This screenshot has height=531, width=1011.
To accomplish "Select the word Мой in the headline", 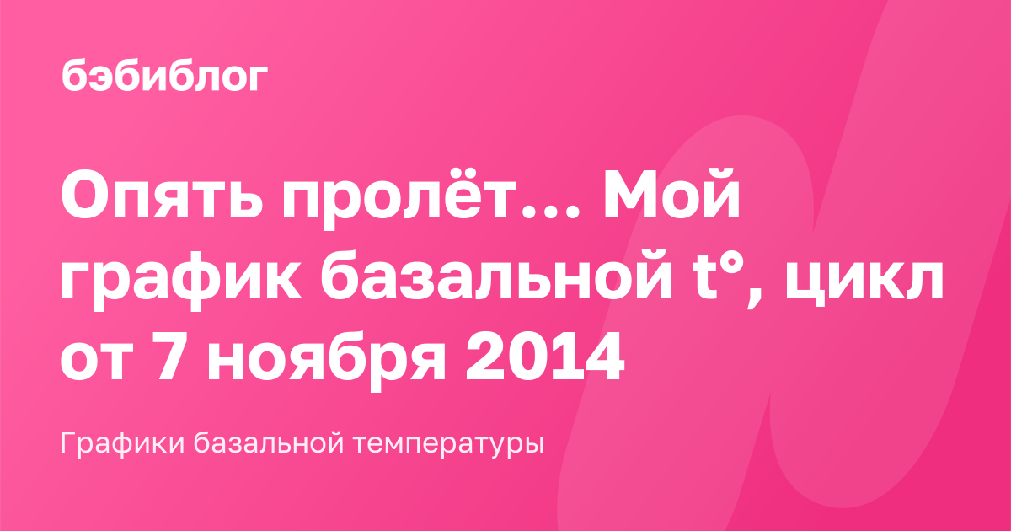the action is point(671,194).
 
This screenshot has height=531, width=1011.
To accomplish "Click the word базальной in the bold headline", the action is point(495,276).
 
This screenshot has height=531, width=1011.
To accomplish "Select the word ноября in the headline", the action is point(326,360).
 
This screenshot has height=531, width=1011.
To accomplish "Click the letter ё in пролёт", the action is point(445,196).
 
